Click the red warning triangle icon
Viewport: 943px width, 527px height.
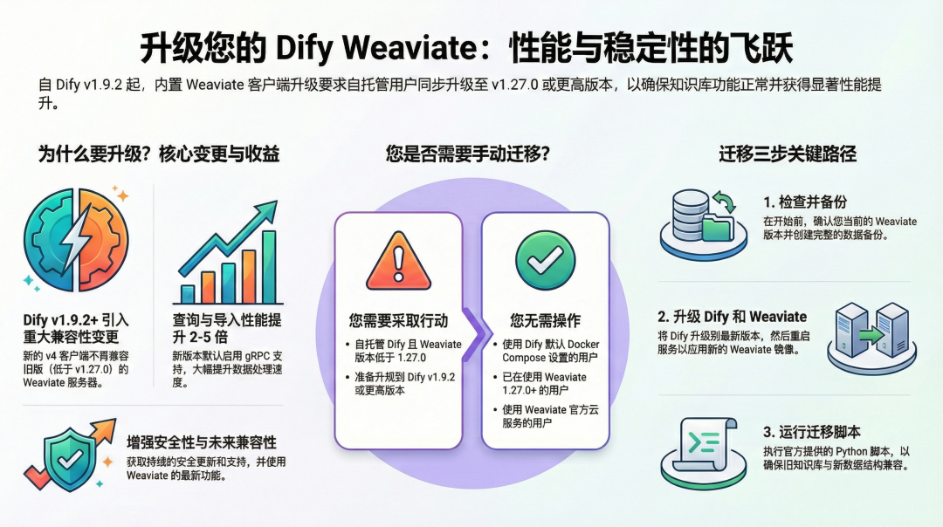398,259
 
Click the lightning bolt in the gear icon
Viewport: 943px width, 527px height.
76,240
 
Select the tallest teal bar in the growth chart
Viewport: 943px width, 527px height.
269,265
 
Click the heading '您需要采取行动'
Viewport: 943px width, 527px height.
398,320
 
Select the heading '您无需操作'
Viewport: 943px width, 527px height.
545,320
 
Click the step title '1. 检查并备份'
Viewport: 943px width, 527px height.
804,202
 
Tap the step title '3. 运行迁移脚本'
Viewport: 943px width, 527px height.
811,431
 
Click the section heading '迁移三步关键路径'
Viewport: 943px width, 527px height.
788,154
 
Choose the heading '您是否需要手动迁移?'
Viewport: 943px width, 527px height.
468,154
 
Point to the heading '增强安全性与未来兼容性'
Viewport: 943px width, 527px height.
201,441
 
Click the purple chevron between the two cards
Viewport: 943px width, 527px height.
472,332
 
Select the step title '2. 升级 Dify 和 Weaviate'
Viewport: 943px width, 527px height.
732,316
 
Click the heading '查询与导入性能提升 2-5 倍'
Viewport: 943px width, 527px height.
226,328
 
